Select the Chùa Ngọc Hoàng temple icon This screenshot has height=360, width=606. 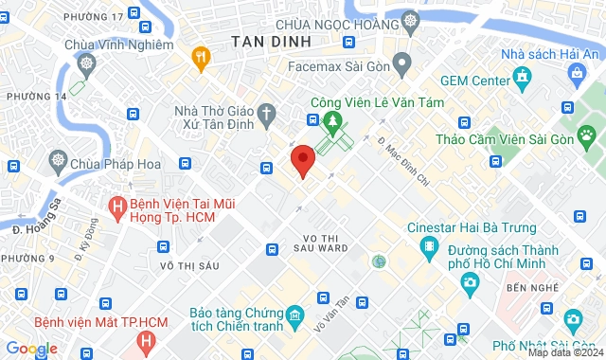click(x=410, y=20)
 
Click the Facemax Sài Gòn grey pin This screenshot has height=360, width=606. click(x=401, y=64)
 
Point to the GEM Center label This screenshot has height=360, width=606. click(x=469, y=81)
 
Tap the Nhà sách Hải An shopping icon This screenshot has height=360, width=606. click(x=520, y=77)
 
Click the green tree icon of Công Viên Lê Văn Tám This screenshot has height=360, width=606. click(x=332, y=120)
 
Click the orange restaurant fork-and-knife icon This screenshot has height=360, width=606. click(x=201, y=56)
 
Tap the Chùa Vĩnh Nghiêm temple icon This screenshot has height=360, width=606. click(x=87, y=64)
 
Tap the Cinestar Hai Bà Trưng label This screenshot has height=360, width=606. click(x=471, y=227)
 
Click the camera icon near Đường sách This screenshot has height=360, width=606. click(x=468, y=282)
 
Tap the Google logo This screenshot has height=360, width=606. click(x=30, y=349)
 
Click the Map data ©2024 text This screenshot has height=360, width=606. click(x=564, y=352)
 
